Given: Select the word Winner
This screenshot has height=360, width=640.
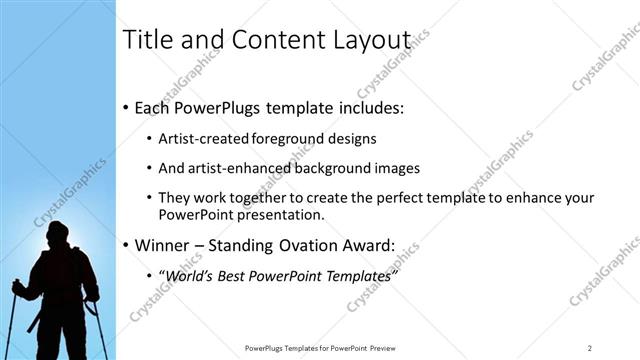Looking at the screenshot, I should (162, 245).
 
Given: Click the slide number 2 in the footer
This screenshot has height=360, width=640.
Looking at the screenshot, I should (590, 348).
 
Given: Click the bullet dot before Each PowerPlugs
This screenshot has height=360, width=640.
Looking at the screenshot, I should (125, 107).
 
